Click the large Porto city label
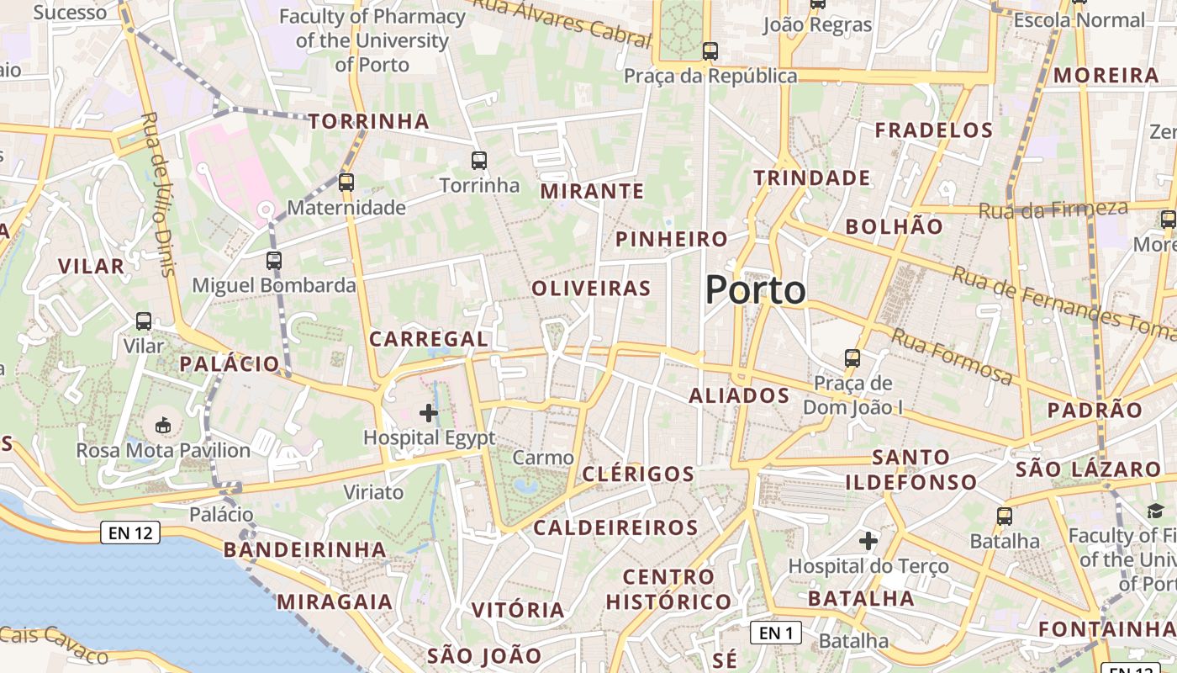tap(755, 290)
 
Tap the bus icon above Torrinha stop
tap(479, 160)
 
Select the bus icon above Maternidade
tap(346, 182)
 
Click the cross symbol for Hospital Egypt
tap(429, 412)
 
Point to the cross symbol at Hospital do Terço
tap(868, 540)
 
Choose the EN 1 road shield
tap(775, 633)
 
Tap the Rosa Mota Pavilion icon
tap(163, 426)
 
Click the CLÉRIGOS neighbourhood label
tap(638, 474)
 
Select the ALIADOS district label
tap(739, 395)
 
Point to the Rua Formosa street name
tap(952, 357)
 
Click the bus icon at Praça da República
tap(710, 50)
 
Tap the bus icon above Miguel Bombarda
tap(274, 260)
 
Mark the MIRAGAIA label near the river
tap(335, 601)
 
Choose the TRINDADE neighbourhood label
tap(811, 178)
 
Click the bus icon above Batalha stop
tap(1005, 516)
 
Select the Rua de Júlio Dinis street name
tap(159, 194)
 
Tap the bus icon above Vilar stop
tap(144, 321)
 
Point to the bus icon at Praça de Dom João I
tap(852, 358)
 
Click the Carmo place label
tap(543, 458)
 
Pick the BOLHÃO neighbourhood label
tap(895, 225)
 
